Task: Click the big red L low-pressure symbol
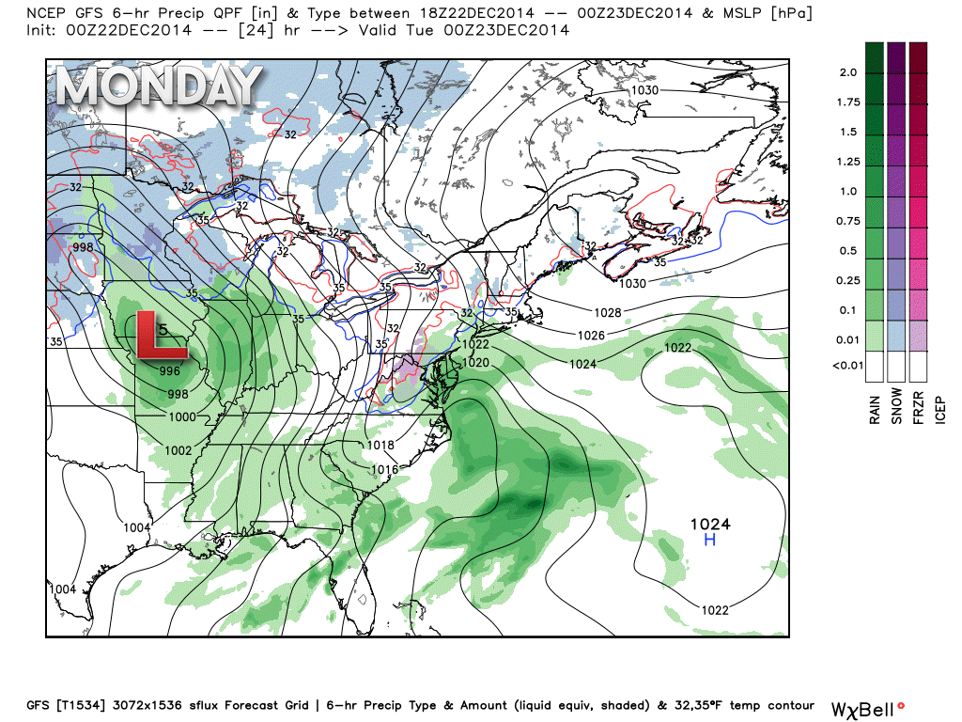(x=160, y=335)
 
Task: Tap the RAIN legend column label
(x=875, y=406)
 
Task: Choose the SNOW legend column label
(x=897, y=406)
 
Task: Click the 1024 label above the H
(x=710, y=524)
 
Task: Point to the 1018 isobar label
(x=380, y=446)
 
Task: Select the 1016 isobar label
(x=385, y=469)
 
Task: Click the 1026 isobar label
(x=591, y=335)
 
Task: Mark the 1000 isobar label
(x=182, y=416)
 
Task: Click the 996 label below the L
(x=169, y=370)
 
